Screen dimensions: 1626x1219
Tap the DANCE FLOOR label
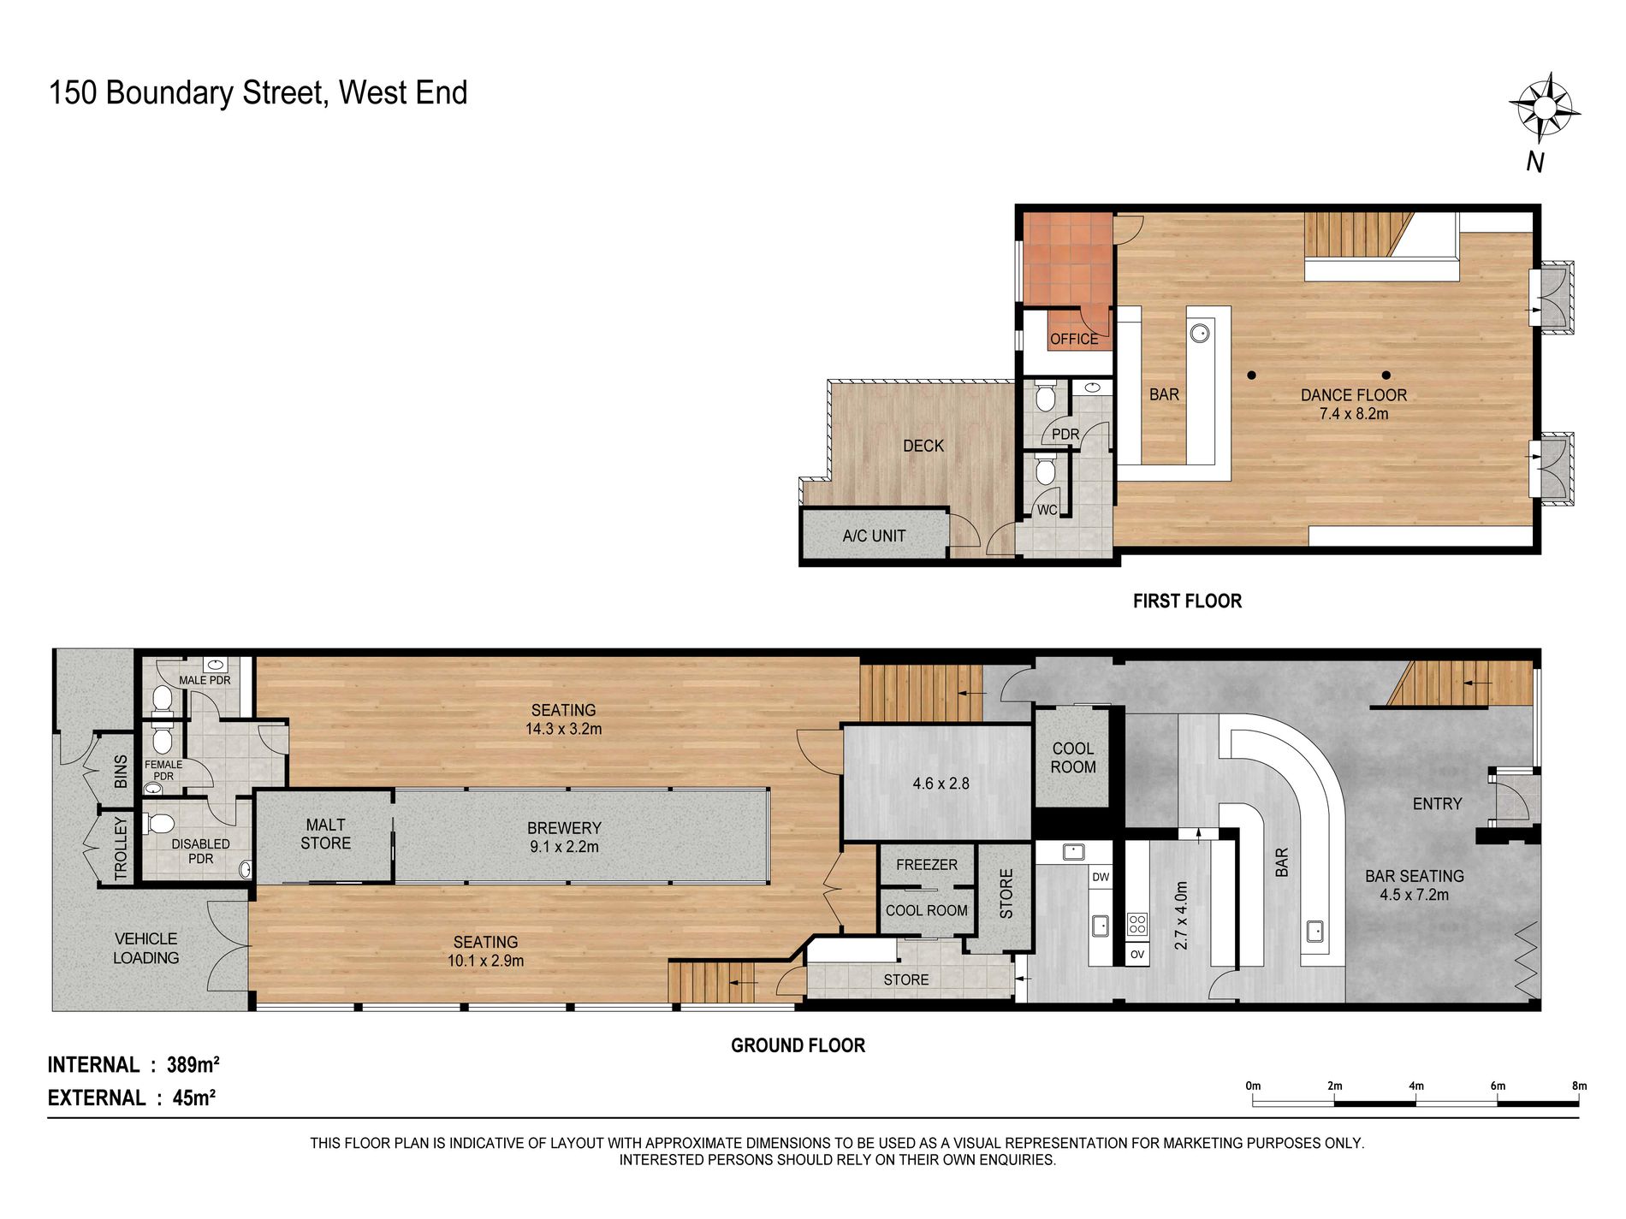click(x=1354, y=395)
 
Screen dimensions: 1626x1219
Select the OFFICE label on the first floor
click(x=1074, y=340)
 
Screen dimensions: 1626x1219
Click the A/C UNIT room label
click(x=874, y=536)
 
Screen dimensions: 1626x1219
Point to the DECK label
click(x=923, y=446)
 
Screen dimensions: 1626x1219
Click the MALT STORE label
click(x=325, y=834)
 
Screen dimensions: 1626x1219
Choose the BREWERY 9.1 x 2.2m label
click(x=564, y=837)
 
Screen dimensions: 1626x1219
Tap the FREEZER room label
click(x=927, y=865)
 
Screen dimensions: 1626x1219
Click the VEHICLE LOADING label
click(x=146, y=949)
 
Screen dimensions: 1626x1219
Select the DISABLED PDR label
click(x=200, y=851)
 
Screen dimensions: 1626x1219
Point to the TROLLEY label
click(x=121, y=849)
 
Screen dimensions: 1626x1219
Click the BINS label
click(x=121, y=772)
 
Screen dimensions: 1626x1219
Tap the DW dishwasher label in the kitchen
click(x=1101, y=877)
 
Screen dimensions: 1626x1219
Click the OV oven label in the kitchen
click(x=1137, y=954)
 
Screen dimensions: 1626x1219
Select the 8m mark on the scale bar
click(x=1579, y=1086)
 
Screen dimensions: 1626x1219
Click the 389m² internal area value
click(x=193, y=1064)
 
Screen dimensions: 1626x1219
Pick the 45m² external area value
click(x=193, y=1098)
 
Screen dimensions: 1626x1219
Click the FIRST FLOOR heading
click(x=1187, y=601)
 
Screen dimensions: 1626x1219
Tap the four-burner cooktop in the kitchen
click(x=1137, y=924)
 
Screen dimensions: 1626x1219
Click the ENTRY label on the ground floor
click(x=1437, y=804)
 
